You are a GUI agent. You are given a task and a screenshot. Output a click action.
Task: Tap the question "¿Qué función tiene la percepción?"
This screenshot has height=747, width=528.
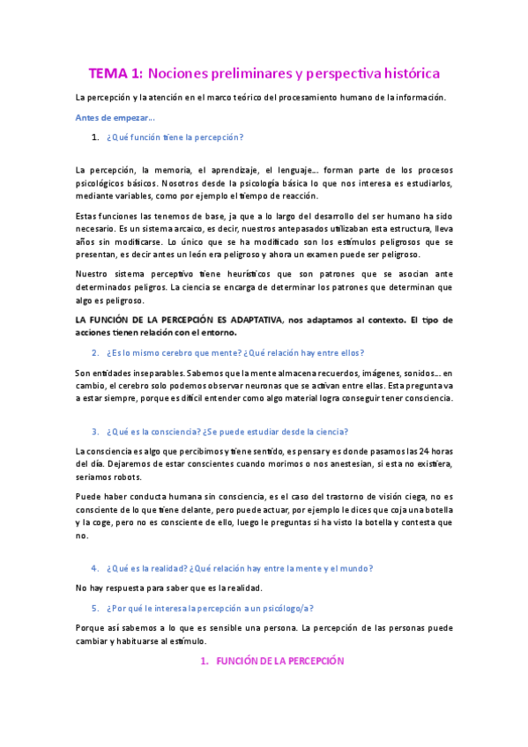tap(175, 137)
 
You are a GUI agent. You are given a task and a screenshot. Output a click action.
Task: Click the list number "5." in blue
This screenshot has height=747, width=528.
tap(96, 608)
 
